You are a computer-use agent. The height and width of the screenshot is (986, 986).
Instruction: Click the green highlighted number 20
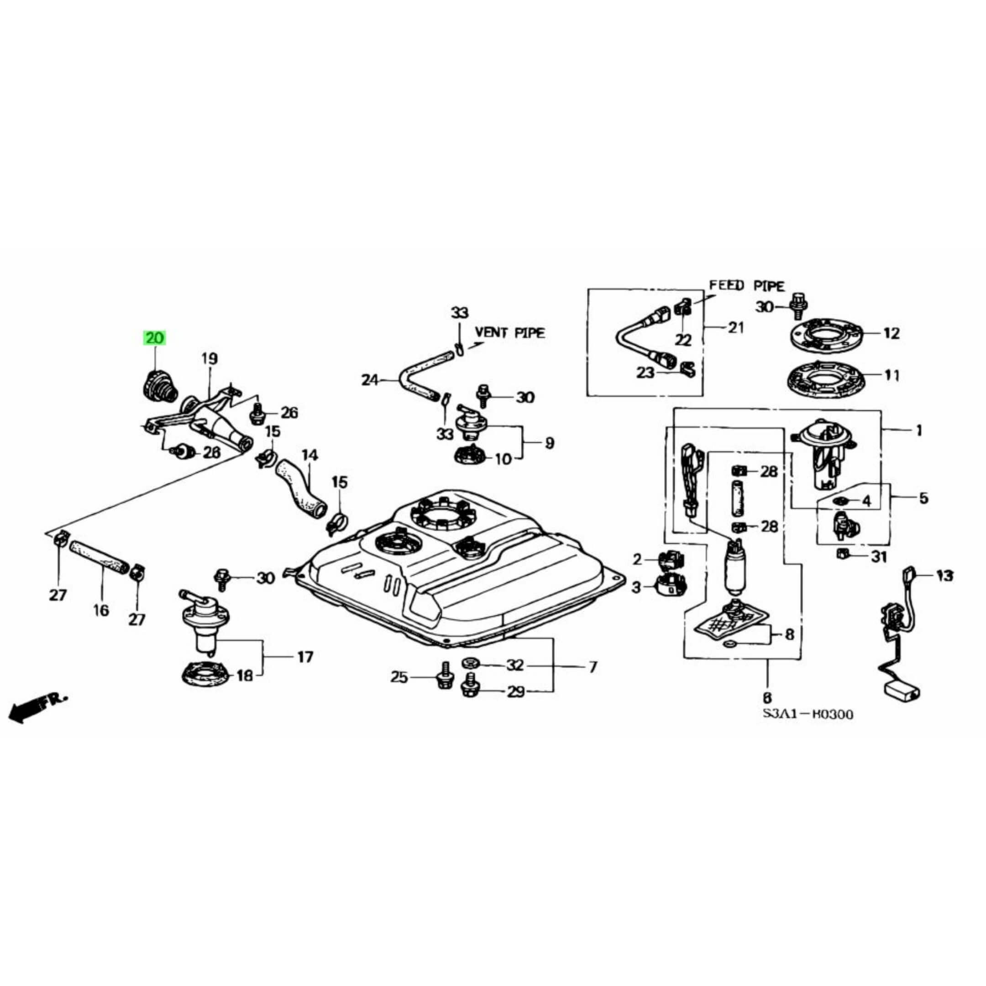155,338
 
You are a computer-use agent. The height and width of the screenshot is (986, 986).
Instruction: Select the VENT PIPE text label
509,333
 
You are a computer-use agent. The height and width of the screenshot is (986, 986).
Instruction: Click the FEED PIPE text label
747,286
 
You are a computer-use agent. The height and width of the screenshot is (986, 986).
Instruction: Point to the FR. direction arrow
36,706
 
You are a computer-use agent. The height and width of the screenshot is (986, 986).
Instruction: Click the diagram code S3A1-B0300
808,714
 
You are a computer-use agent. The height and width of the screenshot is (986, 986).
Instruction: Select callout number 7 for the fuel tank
593,666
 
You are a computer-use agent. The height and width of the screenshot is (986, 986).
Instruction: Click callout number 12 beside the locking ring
891,333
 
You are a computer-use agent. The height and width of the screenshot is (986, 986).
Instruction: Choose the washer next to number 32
470,663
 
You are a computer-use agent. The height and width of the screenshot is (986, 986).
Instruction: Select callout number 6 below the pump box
767,697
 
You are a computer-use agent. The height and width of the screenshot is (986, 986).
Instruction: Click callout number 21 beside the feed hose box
735,327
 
